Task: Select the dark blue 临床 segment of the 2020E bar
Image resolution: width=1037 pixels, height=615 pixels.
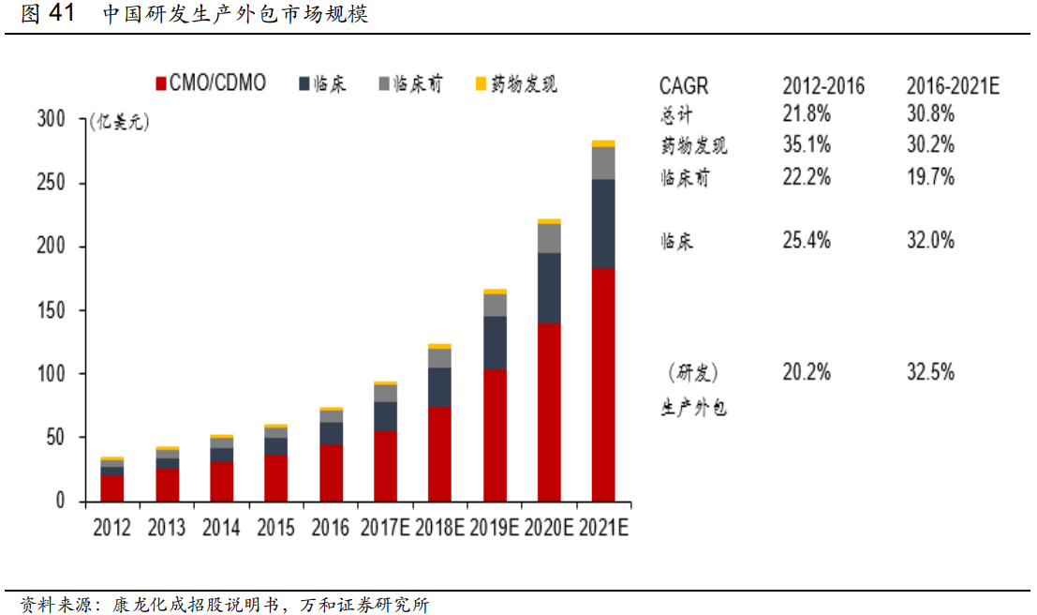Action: pos(549,288)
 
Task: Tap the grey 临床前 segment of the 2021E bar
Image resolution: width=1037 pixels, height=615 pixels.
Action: pos(603,163)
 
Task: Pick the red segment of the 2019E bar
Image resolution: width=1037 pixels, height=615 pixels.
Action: pos(495,435)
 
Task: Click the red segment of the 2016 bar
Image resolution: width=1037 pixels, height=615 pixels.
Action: pos(332,472)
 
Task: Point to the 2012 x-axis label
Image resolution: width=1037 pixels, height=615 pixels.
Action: pos(112,528)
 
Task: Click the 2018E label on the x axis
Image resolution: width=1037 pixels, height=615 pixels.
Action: pos(440,528)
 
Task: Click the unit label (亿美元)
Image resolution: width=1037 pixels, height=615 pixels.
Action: pos(119,122)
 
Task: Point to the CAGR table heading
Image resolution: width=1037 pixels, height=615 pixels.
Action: pos(684,86)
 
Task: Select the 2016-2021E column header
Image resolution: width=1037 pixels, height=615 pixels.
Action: pos(953,86)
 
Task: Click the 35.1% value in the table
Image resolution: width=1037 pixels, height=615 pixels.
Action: pos(807,145)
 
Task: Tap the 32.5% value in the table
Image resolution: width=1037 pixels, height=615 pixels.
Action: pos(930,372)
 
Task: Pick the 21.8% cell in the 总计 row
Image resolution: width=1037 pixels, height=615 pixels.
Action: pos(807,114)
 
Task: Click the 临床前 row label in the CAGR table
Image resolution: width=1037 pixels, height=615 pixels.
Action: pos(685,177)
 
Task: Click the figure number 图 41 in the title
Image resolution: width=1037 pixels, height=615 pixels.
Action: pos(45,14)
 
